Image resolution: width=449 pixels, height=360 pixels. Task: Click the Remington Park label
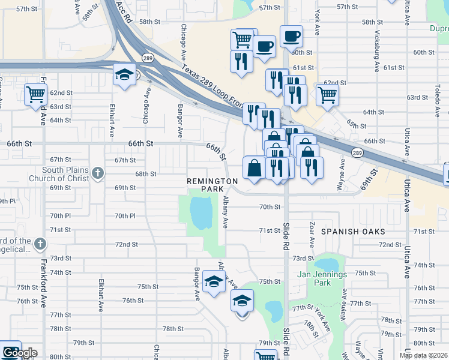point(212,184)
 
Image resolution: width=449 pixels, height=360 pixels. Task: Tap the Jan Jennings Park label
point(322,278)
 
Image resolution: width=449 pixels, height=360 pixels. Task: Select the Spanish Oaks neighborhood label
point(352,231)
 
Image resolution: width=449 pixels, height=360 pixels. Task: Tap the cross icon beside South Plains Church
point(98,174)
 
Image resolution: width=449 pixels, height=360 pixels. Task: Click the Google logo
point(20,353)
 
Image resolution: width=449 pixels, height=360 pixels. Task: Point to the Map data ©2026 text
point(424,355)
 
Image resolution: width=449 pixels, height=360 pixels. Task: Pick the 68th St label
point(145,174)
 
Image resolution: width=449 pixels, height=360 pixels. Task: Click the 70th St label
point(270,207)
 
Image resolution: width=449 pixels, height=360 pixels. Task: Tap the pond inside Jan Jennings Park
point(327,265)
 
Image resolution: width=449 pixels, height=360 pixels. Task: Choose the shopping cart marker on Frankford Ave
point(36,94)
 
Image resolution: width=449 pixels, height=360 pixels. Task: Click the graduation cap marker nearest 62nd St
point(124,75)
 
